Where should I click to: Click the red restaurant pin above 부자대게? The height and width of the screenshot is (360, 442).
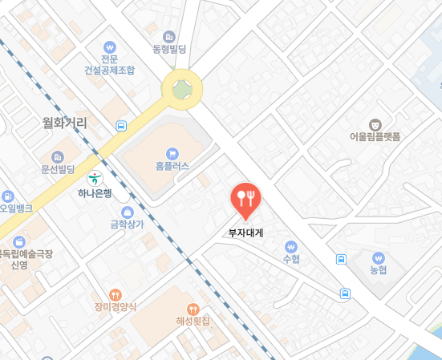(245, 200)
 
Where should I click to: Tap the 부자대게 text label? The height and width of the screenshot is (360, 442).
(245, 233)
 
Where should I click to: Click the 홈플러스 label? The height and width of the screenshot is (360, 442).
(172, 167)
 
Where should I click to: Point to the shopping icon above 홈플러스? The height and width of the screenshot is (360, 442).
(172, 153)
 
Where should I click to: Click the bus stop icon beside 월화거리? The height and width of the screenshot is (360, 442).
(120, 126)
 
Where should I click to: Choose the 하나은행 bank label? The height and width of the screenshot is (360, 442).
(95, 192)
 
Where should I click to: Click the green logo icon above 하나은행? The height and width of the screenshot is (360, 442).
(95, 179)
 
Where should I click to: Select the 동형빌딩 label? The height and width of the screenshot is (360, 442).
(169, 50)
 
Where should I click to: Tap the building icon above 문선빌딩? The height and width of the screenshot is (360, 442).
(57, 156)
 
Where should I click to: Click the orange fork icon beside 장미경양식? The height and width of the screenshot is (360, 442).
(116, 293)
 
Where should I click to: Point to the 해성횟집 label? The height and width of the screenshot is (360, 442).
(193, 321)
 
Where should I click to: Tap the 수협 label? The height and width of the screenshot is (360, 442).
(290, 259)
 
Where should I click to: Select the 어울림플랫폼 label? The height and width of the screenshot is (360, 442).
(375, 136)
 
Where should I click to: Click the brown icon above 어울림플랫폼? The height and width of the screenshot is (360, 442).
(375, 123)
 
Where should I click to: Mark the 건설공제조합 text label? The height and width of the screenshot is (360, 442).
(110, 70)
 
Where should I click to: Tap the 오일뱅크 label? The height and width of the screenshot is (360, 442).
(17, 208)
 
